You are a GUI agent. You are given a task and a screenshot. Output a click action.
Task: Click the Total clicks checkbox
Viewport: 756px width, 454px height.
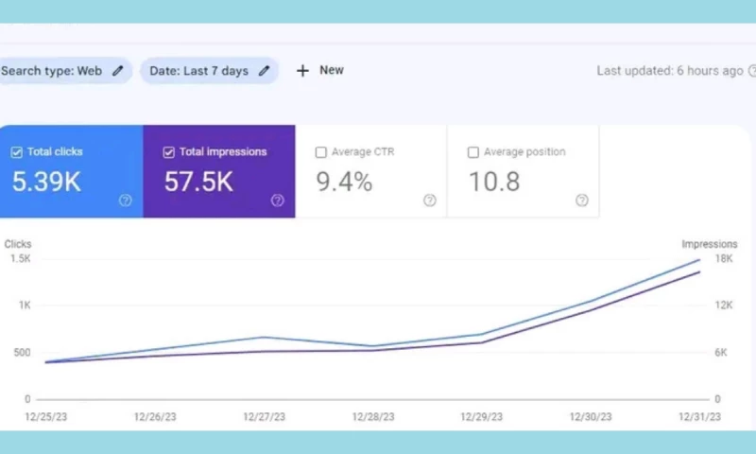click(x=16, y=152)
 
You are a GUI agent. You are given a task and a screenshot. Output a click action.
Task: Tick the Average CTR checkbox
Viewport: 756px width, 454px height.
click(x=321, y=152)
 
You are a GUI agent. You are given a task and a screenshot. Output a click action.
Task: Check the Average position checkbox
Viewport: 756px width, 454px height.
click(x=473, y=152)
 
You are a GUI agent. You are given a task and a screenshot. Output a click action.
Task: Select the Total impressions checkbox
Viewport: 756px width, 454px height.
click(x=169, y=152)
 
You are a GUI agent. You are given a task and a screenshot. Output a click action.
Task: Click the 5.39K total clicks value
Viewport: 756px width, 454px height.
click(x=45, y=182)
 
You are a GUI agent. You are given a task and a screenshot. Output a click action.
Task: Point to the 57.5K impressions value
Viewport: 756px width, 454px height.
click(x=198, y=182)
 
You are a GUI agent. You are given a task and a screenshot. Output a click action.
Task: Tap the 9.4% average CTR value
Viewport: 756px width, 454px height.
click(x=343, y=182)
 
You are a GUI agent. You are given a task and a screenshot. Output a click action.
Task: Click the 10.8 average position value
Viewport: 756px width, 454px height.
click(x=494, y=182)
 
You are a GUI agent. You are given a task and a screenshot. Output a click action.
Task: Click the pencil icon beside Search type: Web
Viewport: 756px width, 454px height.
click(x=117, y=70)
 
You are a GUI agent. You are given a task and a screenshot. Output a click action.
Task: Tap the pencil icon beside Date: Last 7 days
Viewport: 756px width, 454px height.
click(x=264, y=70)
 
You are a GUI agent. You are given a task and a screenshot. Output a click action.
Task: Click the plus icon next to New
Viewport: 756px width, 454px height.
click(x=302, y=70)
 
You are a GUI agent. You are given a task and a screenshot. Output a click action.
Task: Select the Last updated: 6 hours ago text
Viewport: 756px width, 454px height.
click(x=669, y=70)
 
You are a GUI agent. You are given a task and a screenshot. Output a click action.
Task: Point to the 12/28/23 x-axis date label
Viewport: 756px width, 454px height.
click(x=372, y=416)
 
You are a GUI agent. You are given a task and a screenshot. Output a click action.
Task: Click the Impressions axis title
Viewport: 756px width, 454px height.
click(x=710, y=244)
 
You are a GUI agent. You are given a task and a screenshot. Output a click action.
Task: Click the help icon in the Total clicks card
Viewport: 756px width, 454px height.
click(x=125, y=200)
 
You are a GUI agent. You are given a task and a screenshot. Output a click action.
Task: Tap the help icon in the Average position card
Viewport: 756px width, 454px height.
click(x=582, y=200)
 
